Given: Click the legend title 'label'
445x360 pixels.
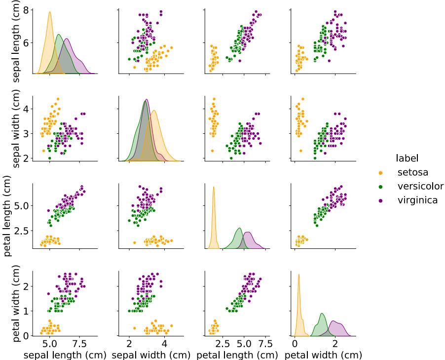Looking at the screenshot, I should click(407, 159).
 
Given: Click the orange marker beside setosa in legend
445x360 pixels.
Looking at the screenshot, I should click(380, 173).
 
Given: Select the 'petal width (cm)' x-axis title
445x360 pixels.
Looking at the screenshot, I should click(324, 354).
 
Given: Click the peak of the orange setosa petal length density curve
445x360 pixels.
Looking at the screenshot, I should click(214, 187).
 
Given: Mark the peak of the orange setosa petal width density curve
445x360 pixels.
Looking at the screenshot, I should click(299, 274).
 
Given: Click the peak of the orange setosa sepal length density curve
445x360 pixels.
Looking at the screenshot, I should click(49, 12).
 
